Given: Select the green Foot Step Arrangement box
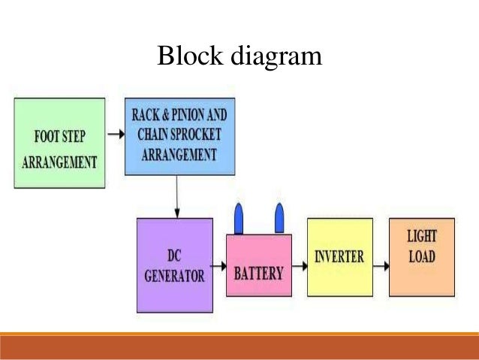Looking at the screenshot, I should (58, 143).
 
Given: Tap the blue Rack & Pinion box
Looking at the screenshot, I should (179, 136).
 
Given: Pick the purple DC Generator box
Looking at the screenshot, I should (174, 265).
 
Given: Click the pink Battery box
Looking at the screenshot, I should (259, 267).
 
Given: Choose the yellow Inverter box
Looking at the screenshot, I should (339, 257).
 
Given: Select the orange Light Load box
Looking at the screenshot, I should (421, 257).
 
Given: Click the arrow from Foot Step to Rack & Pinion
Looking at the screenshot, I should (115, 135).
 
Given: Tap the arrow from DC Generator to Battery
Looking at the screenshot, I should (218, 265).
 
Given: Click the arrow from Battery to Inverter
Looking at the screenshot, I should (300, 265).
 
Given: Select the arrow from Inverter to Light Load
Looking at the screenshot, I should (381, 265).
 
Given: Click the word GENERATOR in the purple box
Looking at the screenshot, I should (174, 276).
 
